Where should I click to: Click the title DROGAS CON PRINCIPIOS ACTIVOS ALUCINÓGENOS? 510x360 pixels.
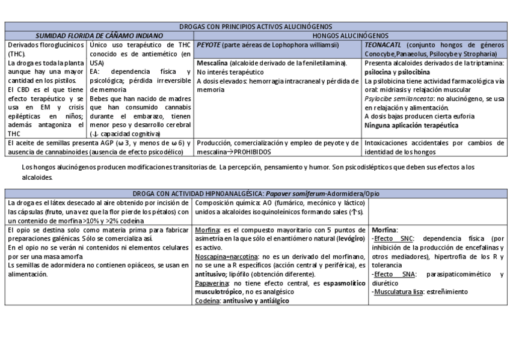(x=255, y=27)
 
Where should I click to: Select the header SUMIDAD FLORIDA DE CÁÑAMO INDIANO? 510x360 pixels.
(x=99, y=36)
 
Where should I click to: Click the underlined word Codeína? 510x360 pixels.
(x=208, y=300)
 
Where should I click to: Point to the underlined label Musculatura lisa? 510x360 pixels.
(x=399, y=291)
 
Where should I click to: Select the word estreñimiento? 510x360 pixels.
(x=447, y=291)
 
